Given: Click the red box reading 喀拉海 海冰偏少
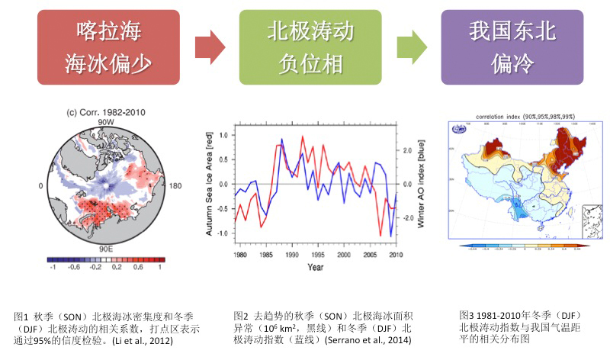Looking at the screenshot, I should click(108, 47).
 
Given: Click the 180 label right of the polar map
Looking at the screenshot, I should click(175, 186).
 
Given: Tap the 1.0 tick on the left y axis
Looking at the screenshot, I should click(223, 135).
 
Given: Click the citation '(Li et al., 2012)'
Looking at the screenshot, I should click(143, 340).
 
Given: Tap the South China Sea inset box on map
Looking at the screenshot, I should click(592, 220).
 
